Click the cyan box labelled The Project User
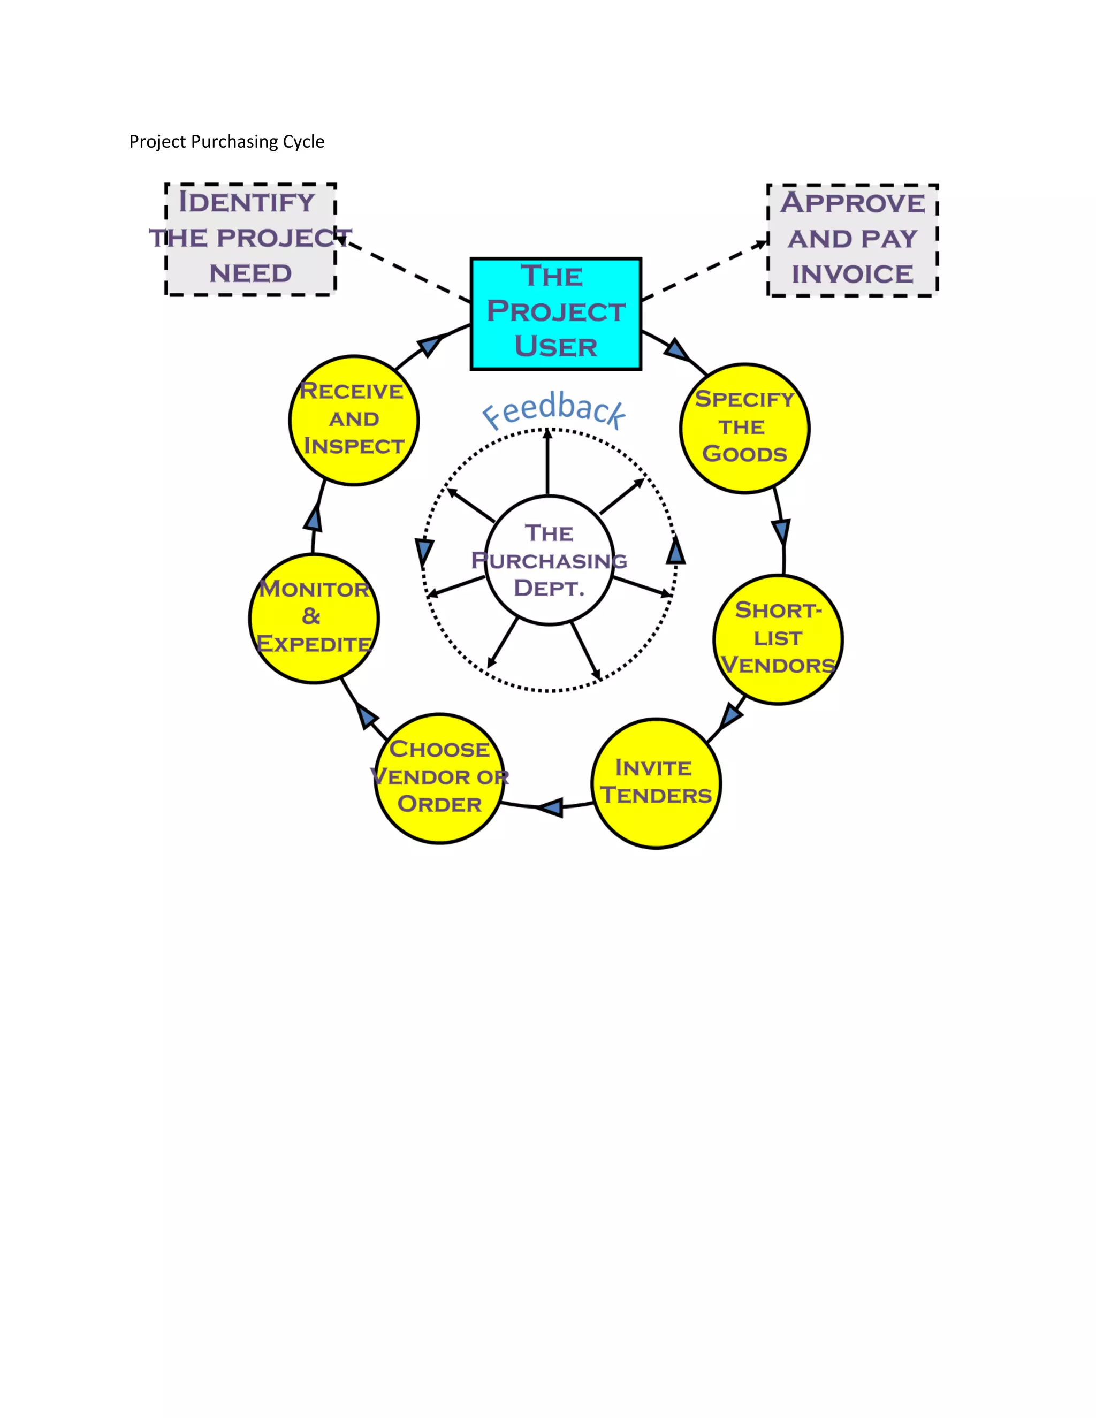pos(556,314)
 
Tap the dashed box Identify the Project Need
pos(250,239)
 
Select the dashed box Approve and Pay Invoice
pos(853,240)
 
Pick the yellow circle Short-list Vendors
pos(778,639)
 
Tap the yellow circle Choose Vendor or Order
pos(439,778)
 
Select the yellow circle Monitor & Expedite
pos(314,618)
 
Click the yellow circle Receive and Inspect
pos(354,420)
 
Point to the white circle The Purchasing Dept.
pos(549,560)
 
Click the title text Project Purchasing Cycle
pos(226,142)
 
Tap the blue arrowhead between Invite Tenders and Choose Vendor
pos(551,807)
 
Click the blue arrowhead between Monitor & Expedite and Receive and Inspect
pos(314,519)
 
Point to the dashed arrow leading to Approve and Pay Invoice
pos(704,270)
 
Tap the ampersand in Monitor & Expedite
pos(311,616)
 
